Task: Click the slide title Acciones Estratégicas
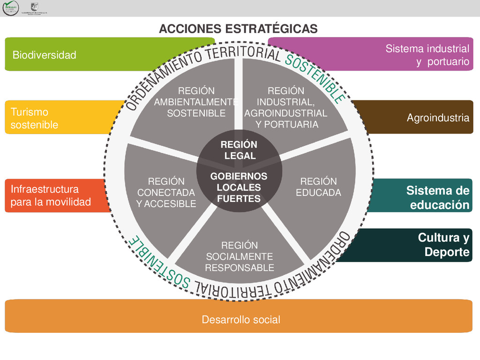(x=238, y=29)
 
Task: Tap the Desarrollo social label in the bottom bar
(x=240, y=320)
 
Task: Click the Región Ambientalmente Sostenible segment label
(x=196, y=102)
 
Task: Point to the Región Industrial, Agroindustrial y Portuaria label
(x=286, y=107)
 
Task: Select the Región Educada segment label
(x=318, y=187)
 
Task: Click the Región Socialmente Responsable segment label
(x=240, y=256)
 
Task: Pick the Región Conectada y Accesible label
(x=166, y=192)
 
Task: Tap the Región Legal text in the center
(x=239, y=150)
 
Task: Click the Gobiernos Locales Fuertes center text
(x=239, y=187)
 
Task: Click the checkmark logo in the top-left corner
(x=10, y=8)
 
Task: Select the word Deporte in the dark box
(x=447, y=252)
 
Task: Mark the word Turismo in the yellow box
(x=29, y=112)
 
